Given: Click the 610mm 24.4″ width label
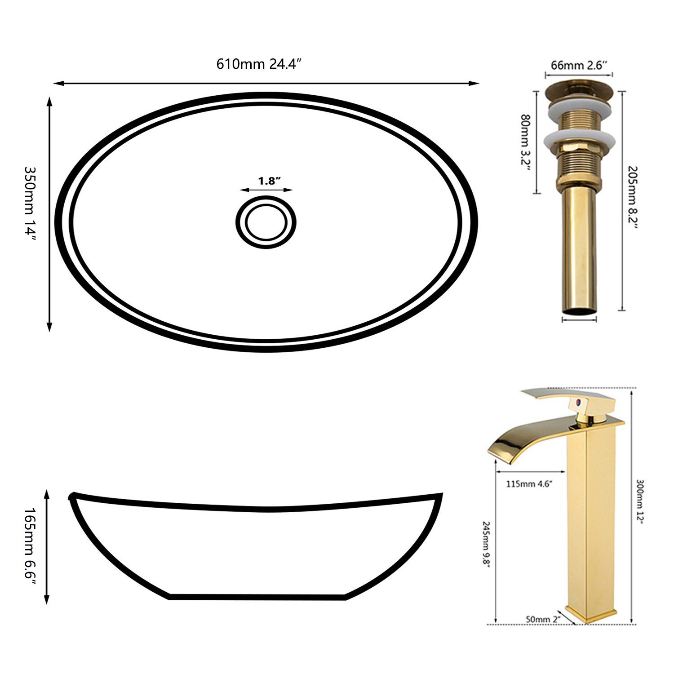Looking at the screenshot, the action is point(258,64).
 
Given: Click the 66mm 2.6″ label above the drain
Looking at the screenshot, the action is point(579,65).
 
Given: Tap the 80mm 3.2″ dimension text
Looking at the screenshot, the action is point(525,142).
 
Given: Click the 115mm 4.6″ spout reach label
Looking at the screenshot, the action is point(529,484).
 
